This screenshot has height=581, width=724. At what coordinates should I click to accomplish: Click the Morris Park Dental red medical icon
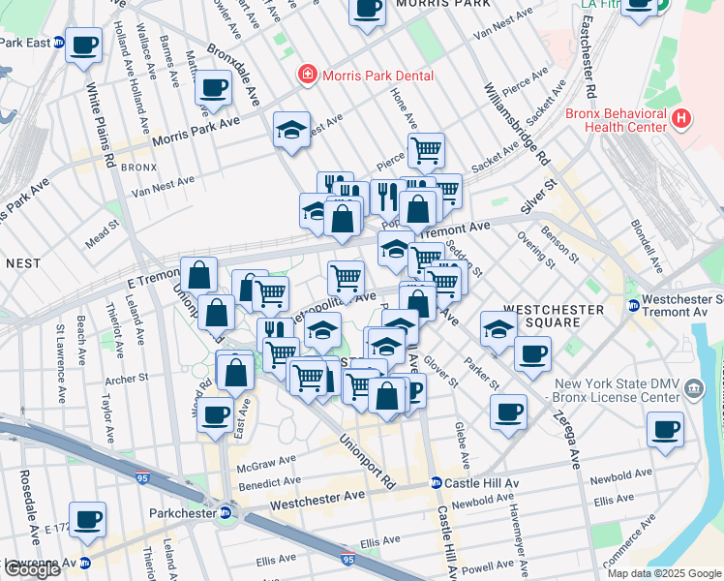(307, 74)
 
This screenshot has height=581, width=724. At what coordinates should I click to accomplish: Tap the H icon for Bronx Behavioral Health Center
(682, 118)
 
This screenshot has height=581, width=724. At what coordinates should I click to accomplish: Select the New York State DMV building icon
(694, 388)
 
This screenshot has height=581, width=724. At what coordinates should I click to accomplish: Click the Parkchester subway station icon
(226, 512)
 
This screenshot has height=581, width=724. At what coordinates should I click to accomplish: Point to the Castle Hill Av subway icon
(437, 482)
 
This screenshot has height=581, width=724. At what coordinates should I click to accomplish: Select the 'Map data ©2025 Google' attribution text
(663, 573)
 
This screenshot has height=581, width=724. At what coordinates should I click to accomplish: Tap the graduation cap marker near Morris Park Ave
(290, 132)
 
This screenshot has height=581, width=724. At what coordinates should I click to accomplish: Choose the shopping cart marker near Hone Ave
(425, 150)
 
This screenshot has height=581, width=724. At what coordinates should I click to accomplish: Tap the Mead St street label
(102, 236)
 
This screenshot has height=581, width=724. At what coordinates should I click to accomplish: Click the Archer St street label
(127, 378)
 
